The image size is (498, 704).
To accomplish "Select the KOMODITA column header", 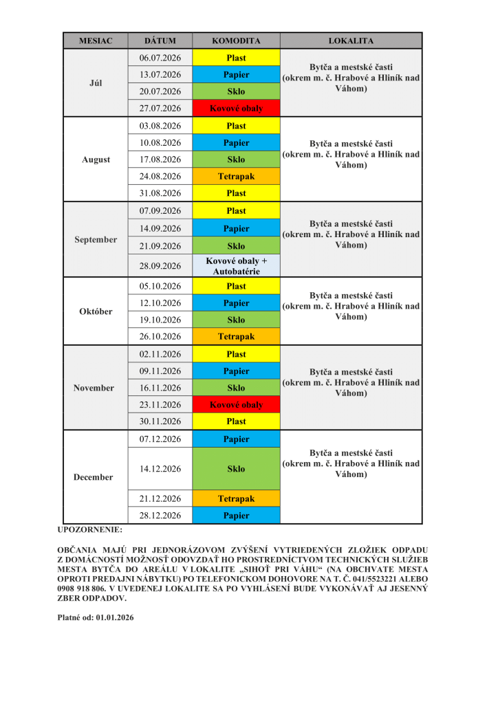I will point(236,41).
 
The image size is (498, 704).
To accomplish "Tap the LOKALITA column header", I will point(351,41).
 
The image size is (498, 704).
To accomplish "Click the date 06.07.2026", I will point(160,58).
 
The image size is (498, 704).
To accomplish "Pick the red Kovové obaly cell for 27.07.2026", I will point(236,108).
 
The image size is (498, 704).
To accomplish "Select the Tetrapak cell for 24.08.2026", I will point(236,177).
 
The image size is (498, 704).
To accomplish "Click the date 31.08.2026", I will point(160,193).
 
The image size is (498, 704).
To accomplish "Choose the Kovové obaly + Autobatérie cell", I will point(236,266).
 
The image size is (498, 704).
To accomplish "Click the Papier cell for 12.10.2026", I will point(236,303).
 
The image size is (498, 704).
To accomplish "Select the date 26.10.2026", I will point(160,337).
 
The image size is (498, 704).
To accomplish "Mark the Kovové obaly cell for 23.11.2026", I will point(236,405).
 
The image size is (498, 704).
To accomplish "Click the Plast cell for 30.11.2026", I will point(236,421).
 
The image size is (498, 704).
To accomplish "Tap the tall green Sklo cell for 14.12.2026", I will point(236,469).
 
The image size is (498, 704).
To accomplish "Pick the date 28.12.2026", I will point(160,516).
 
